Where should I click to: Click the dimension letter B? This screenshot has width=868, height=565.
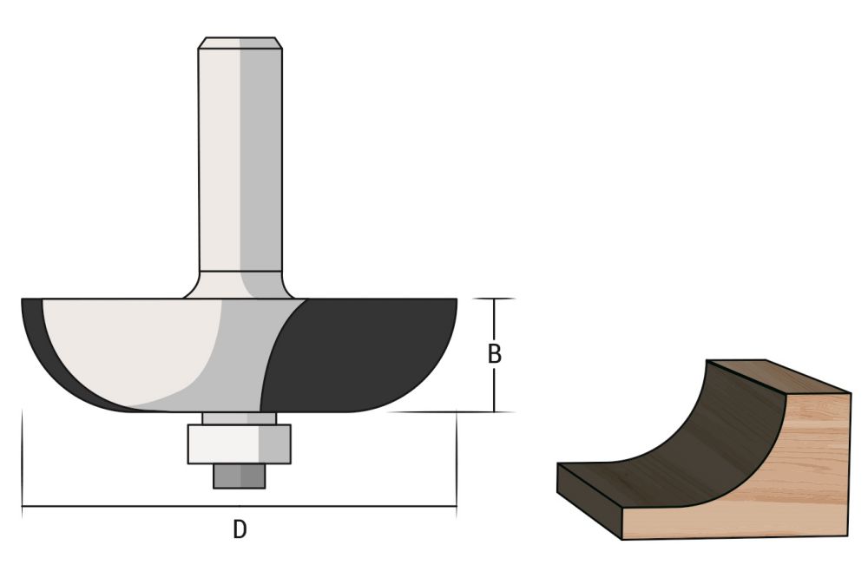(494, 355)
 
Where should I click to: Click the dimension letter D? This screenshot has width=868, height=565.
(239, 529)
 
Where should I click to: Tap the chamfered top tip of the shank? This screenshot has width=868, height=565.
(239, 43)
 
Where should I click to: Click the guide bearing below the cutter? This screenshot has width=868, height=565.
(239, 444)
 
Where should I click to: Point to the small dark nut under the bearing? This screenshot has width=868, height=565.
(239, 476)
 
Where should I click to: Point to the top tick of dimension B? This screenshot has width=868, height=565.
(494, 299)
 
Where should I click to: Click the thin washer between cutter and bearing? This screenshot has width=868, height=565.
(239, 418)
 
